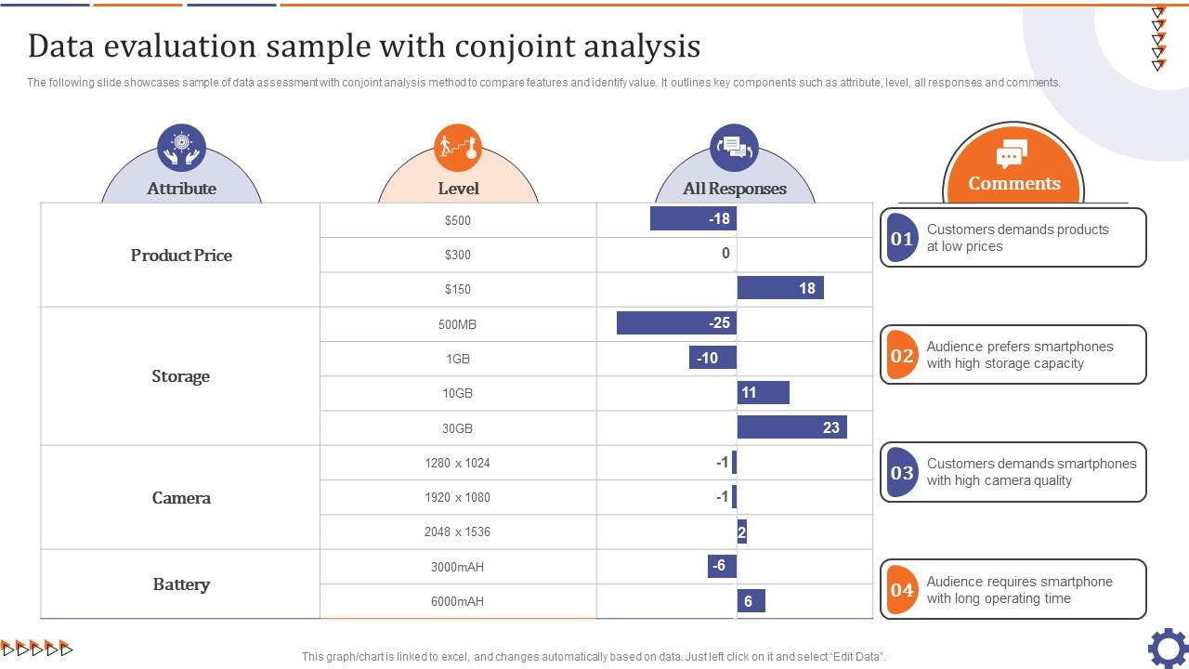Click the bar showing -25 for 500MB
tap(676, 323)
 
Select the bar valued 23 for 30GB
tap(791, 427)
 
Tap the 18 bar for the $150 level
tap(780, 288)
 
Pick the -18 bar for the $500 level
tap(693, 219)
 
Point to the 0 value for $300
tap(725, 254)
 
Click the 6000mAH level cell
tap(457, 601)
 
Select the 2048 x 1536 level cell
tap(457, 531)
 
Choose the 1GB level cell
tap(457, 359)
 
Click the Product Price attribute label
tap(181, 256)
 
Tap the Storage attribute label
tap(181, 376)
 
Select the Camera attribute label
tap(181, 498)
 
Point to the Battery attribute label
tap(181, 584)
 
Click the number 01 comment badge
tap(902, 238)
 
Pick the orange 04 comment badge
tap(902, 590)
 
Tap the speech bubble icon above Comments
tap(1012, 153)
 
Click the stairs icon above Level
tap(458, 147)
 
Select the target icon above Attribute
tap(181, 147)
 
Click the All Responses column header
tap(735, 189)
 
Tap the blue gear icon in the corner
tap(1168, 648)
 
